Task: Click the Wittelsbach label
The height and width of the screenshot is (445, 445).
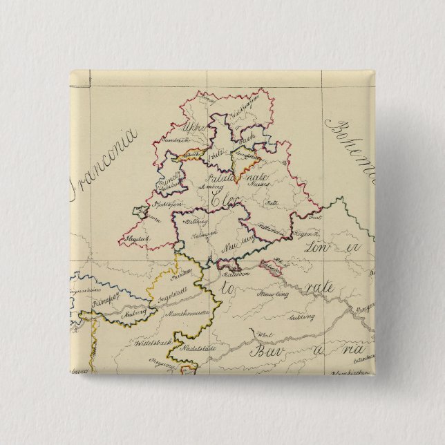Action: (x=151, y=341)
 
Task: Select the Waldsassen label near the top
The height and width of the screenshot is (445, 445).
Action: (x=245, y=108)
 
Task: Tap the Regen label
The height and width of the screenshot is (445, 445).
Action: (x=305, y=235)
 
